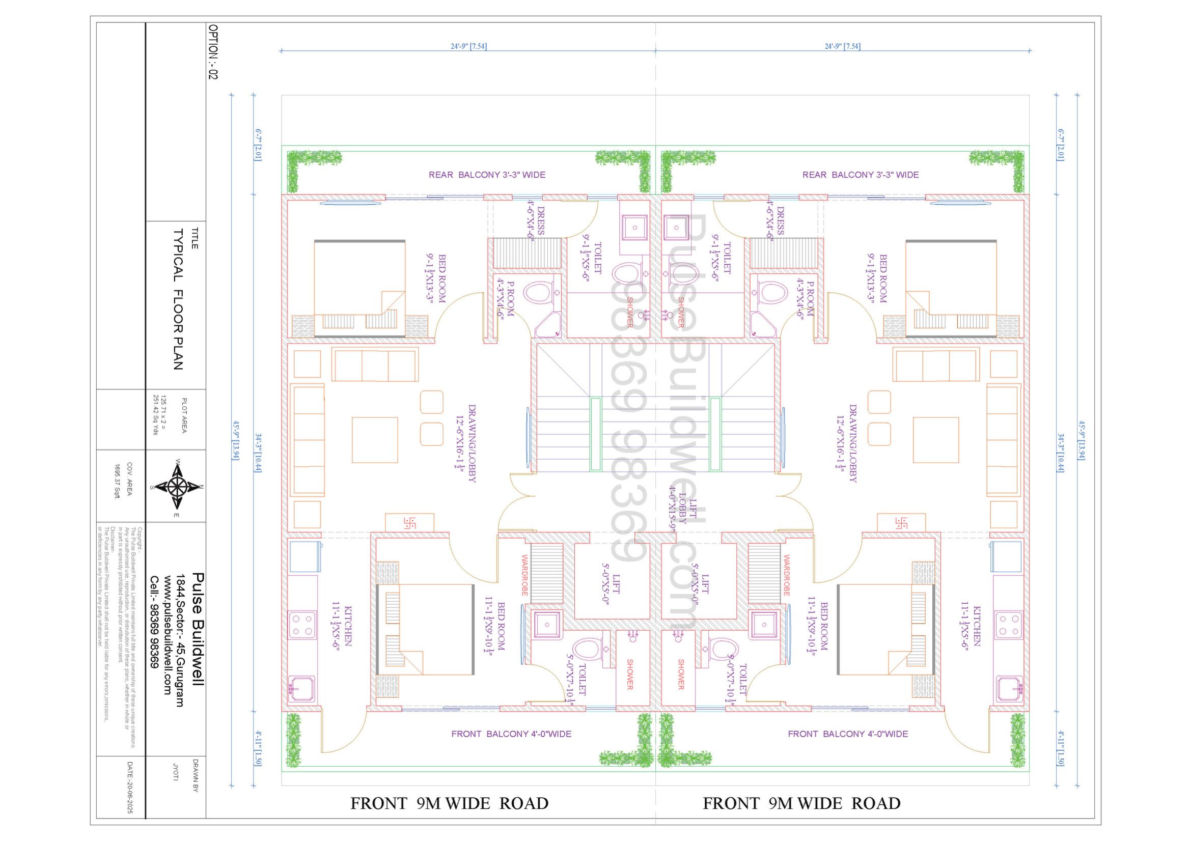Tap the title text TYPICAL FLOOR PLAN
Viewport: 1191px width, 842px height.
point(178,299)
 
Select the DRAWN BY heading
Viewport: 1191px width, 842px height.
point(196,776)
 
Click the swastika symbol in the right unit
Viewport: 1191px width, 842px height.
point(901,523)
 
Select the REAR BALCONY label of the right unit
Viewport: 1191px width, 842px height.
point(860,175)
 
